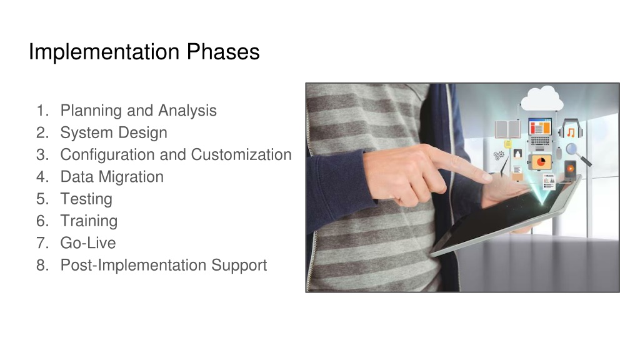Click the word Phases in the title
[x=223, y=52]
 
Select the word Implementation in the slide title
[x=104, y=52]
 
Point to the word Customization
[x=241, y=155]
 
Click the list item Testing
[x=86, y=199]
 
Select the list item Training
[x=89, y=221]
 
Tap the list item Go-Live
[x=88, y=243]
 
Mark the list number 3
[x=42, y=155]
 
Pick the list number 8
[x=42, y=265]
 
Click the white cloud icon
[x=542, y=98]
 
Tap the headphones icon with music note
[x=571, y=129]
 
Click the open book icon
[x=507, y=129]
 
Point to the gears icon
[x=499, y=155]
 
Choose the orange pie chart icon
[x=541, y=162]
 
